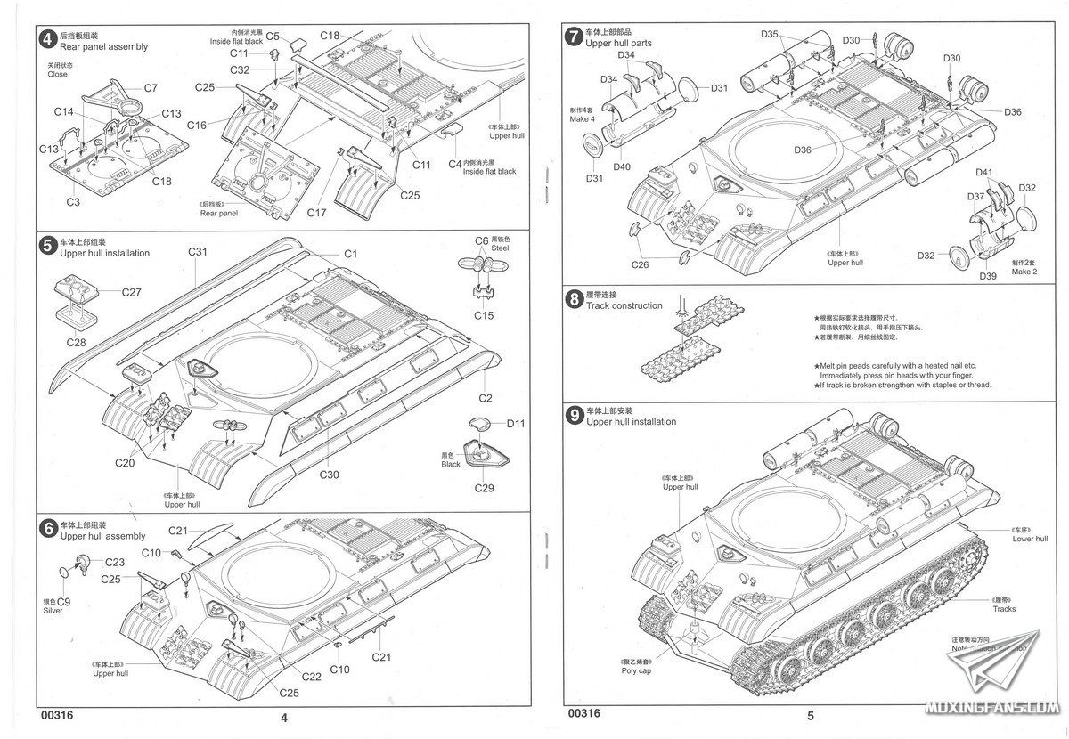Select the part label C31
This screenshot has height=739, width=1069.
[198, 253]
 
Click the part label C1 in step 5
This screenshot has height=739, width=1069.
[350, 255]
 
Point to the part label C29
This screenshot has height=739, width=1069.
[484, 488]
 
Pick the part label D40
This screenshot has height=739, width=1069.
[622, 167]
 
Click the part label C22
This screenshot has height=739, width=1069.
[311, 677]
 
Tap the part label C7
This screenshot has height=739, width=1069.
[150, 88]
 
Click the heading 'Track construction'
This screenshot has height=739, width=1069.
[624, 305]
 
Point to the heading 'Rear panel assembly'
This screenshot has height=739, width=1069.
[103, 47]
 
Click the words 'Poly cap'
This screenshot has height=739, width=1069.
[636, 670]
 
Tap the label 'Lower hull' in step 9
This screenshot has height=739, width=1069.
[1030, 539]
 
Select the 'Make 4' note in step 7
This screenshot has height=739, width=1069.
[581, 120]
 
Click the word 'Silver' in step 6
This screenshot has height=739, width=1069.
[53, 611]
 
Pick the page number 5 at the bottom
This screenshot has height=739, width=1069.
[810, 715]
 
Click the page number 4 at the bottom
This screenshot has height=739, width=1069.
[284, 717]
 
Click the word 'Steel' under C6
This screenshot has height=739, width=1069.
[499, 248]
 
